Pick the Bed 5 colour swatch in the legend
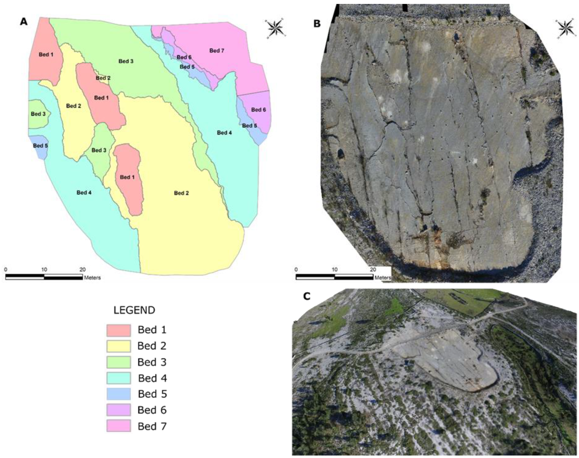[118, 394]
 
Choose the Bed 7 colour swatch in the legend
[118, 426]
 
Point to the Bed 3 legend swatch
[118, 362]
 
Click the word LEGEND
[134, 310]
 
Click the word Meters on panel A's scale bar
[92, 278]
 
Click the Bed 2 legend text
[152, 346]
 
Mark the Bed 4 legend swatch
[118, 378]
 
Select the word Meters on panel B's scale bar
[383, 278]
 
